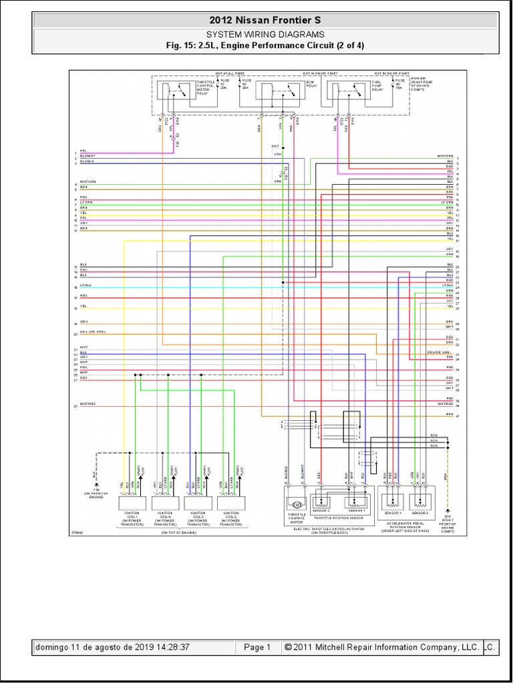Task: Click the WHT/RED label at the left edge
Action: point(88,404)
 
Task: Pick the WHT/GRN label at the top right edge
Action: point(445,156)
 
